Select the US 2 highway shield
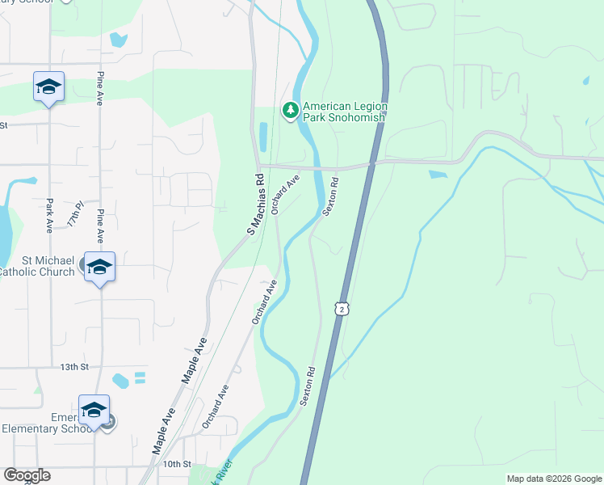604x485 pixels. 343,310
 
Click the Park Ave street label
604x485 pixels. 49,216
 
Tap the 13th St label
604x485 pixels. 73,367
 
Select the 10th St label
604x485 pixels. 175,464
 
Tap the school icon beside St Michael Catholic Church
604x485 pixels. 99,266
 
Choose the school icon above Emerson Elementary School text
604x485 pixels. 94,409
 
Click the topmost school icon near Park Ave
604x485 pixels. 48,86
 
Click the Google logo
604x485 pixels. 27,475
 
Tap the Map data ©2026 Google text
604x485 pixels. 553,479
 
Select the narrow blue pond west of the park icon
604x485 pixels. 263,137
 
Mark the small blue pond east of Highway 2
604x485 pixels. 438,174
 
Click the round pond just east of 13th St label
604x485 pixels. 121,379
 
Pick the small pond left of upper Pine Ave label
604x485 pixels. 119,39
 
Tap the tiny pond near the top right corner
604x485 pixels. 585,82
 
